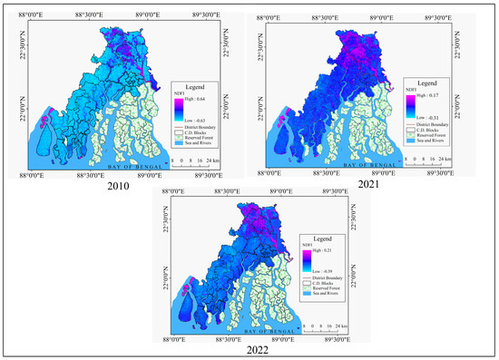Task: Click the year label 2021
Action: click(x=369, y=186)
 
